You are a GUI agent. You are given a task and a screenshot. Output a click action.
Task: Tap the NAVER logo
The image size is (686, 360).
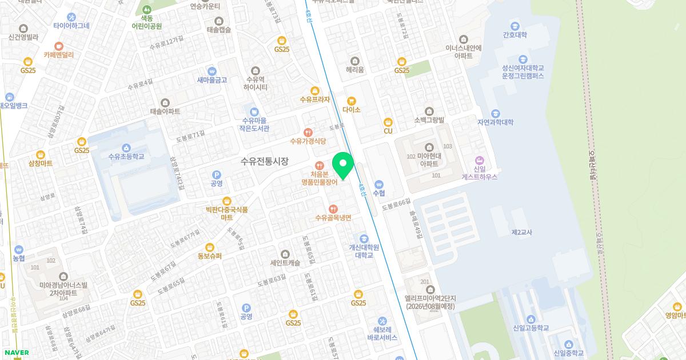(15, 353)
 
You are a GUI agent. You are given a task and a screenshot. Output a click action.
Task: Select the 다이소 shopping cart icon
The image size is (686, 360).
(352, 101)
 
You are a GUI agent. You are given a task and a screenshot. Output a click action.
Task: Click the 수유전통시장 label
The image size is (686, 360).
(265, 161)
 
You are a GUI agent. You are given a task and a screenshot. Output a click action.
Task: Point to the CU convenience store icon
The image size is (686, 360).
(388, 122)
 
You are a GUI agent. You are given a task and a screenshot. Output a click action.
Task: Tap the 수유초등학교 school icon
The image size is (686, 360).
(126, 147)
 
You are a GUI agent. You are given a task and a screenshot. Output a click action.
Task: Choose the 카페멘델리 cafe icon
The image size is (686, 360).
(58, 46)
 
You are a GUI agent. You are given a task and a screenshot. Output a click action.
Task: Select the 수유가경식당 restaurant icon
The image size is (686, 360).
(308, 132)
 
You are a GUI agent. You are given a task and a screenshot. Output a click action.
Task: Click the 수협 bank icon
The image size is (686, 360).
(379, 185)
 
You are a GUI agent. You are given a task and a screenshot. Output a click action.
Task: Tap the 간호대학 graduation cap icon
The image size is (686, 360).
(515, 26)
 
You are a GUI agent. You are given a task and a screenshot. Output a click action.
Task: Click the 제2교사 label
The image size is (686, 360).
(522, 232)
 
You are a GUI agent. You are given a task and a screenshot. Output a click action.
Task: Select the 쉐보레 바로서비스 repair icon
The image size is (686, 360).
(382, 322)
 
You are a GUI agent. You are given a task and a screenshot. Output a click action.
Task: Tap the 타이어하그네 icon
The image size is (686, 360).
(71, 17)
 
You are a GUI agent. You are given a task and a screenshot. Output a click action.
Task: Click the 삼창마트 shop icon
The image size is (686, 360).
(40, 154)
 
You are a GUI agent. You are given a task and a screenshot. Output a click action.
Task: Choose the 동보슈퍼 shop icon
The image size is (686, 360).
(209, 247)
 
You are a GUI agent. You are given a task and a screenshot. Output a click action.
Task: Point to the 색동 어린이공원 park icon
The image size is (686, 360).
(147, 9)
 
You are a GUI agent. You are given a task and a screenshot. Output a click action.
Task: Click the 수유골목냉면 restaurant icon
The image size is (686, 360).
(333, 209)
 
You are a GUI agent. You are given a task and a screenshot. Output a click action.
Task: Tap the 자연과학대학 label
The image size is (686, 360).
(495, 122)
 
